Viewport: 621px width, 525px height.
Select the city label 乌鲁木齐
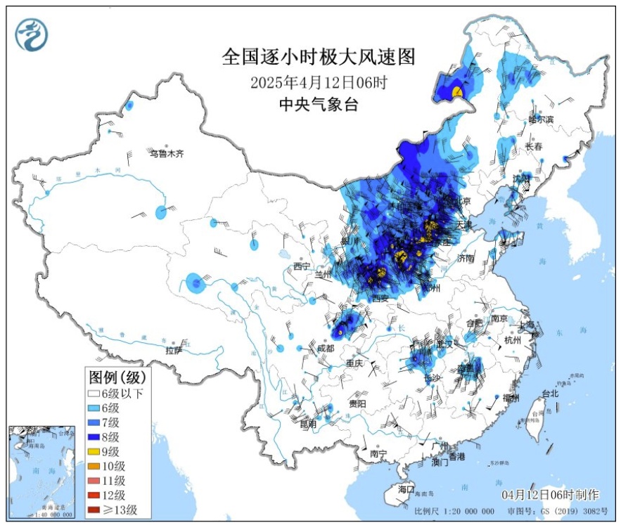coord(166,153)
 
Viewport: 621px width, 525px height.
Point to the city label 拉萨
coord(174,350)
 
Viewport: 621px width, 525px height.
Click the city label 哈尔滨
coord(541,120)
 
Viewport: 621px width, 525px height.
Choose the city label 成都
coord(325,348)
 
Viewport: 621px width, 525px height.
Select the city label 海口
coord(406,488)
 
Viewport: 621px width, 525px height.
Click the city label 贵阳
coord(357,403)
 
